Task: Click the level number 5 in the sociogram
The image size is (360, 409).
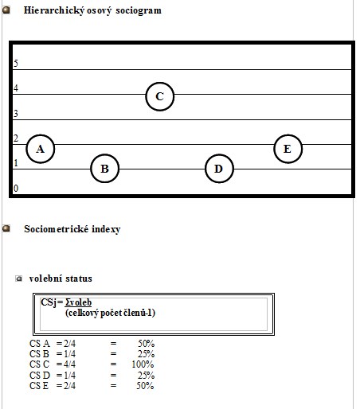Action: click(16, 63)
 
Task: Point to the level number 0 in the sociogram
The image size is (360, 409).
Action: click(16, 188)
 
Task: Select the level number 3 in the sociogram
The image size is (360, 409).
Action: click(16, 114)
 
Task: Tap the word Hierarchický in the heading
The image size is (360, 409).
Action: click(54, 10)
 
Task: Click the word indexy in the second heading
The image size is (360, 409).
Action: click(106, 229)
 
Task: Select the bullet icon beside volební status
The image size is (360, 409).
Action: click(18, 279)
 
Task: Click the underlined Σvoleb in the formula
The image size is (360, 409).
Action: click(78, 302)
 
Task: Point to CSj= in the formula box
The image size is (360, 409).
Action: click(52, 302)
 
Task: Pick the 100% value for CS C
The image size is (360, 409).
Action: click(143, 364)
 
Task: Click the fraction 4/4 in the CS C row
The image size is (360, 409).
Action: click(69, 364)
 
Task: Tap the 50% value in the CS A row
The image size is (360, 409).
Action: click(146, 344)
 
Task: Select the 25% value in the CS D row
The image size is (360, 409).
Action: click(146, 376)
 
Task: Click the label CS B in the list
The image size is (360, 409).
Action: click(39, 354)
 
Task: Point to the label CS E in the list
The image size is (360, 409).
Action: click(39, 386)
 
